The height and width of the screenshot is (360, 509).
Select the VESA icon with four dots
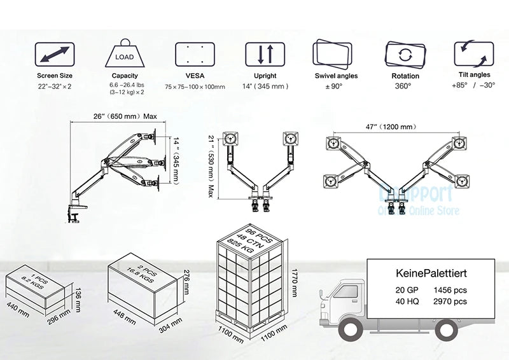[x=194, y=55]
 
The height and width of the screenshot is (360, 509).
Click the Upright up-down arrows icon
[x=265, y=55]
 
